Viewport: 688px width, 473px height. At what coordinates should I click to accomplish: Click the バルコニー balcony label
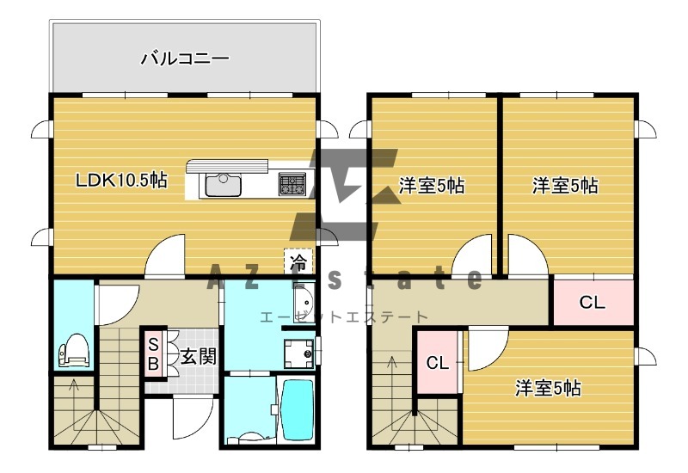tap(185, 58)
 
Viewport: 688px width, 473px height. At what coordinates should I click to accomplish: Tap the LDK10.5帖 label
tap(121, 180)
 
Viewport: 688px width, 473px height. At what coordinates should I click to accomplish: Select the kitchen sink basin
tap(224, 185)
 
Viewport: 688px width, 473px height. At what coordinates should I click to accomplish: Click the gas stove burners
tap(292, 184)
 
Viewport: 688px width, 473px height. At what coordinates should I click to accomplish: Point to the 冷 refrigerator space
tap(298, 262)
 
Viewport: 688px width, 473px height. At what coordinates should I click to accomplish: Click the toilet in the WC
tap(74, 350)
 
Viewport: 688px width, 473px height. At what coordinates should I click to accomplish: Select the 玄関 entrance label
tap(199, 356)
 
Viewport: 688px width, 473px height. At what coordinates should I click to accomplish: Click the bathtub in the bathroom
tap(298, 410)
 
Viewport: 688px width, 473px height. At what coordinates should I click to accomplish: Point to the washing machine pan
tap(299, 353)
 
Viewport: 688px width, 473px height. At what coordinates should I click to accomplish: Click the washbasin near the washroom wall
tap(304, 300)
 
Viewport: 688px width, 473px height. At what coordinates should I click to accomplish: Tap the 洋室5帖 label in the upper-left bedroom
tap(432, 186)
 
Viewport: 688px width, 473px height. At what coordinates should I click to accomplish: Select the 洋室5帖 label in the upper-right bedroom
tap(565, 186)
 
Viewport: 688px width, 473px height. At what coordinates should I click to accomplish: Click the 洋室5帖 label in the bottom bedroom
tap(548, 389)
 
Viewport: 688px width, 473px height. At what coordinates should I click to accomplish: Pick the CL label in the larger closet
tap(592, 303)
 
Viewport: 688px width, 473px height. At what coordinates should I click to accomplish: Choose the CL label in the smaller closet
tap(438, 363)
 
